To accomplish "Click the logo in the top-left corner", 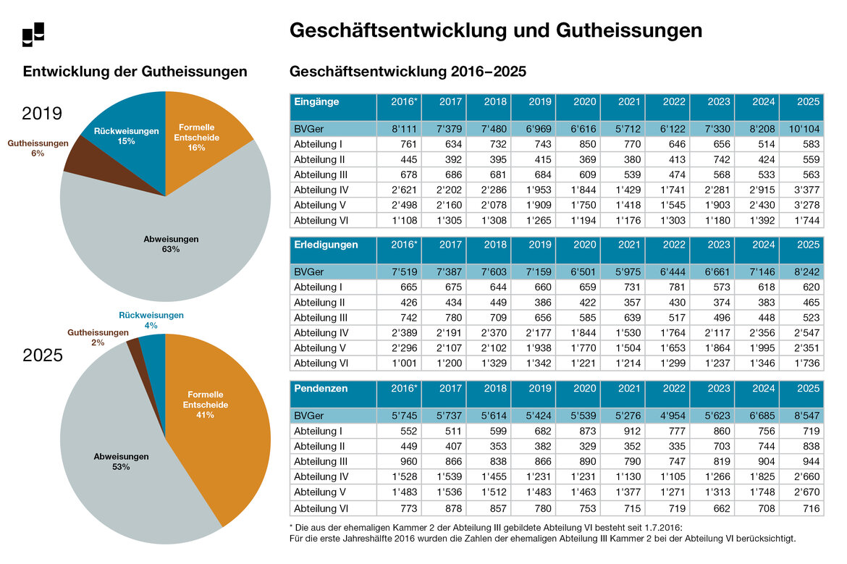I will (33, 34).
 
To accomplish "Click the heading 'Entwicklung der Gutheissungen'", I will (135, 72).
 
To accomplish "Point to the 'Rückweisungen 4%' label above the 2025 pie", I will (151, 320).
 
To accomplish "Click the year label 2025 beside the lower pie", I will (43, 355).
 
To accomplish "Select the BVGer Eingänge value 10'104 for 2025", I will (801, 128).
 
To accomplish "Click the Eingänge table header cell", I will (333, 102).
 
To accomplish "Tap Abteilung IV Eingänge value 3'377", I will (801, 189).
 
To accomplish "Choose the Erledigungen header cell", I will (333, 245).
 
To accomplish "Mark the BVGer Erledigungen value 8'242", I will (801, 272).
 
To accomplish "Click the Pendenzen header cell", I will (333, 389).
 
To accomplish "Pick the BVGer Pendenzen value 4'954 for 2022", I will (667, 416).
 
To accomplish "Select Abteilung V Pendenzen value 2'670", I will (801, 492).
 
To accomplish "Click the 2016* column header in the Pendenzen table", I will (399, 389).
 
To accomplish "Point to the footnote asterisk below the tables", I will (290, 526).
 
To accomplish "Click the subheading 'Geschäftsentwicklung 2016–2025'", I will (408, 72).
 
